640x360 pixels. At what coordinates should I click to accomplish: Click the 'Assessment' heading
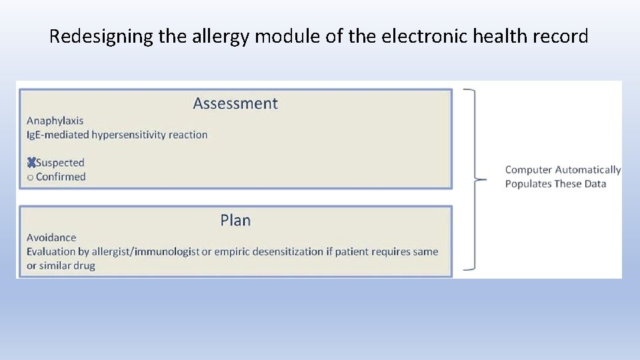pyautogui.click(x=235, y=103)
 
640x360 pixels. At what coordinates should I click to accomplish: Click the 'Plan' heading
pyautogui.click(x=235, y=220)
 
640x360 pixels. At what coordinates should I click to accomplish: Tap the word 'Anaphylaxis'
pyautogui.click(x=55, y=121)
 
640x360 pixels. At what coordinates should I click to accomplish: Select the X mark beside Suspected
pyautogui.click(x=31, y=163)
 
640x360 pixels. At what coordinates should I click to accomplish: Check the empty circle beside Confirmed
pyautogui.click(x=30, y=177)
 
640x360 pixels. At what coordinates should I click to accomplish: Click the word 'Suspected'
pyautogui.click(x=60, y=163)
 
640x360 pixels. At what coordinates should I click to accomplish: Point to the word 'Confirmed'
pyautogui.click(x=61, y=177)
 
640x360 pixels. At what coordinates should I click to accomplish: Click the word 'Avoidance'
pyautogui.click(x=51, y=237)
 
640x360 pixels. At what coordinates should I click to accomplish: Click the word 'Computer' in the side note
pyautogui.click(x=529, y=170)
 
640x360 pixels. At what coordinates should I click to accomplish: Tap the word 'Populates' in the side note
pyautogui.click(x=529, y=184)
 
